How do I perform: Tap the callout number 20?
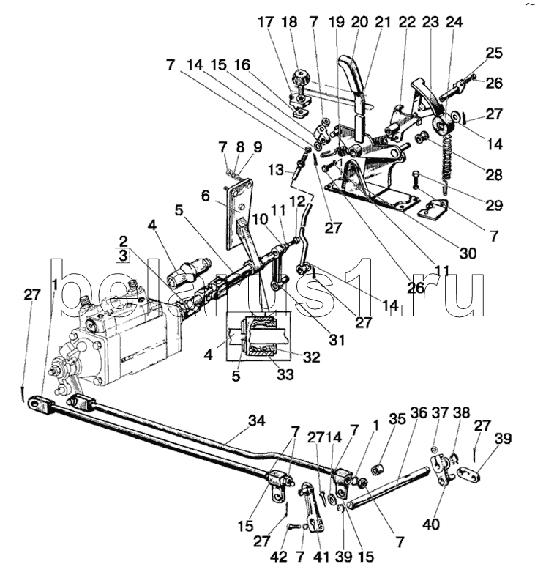[359, 22]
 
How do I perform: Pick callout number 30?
[468, 254]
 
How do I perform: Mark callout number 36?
[419, 412]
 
